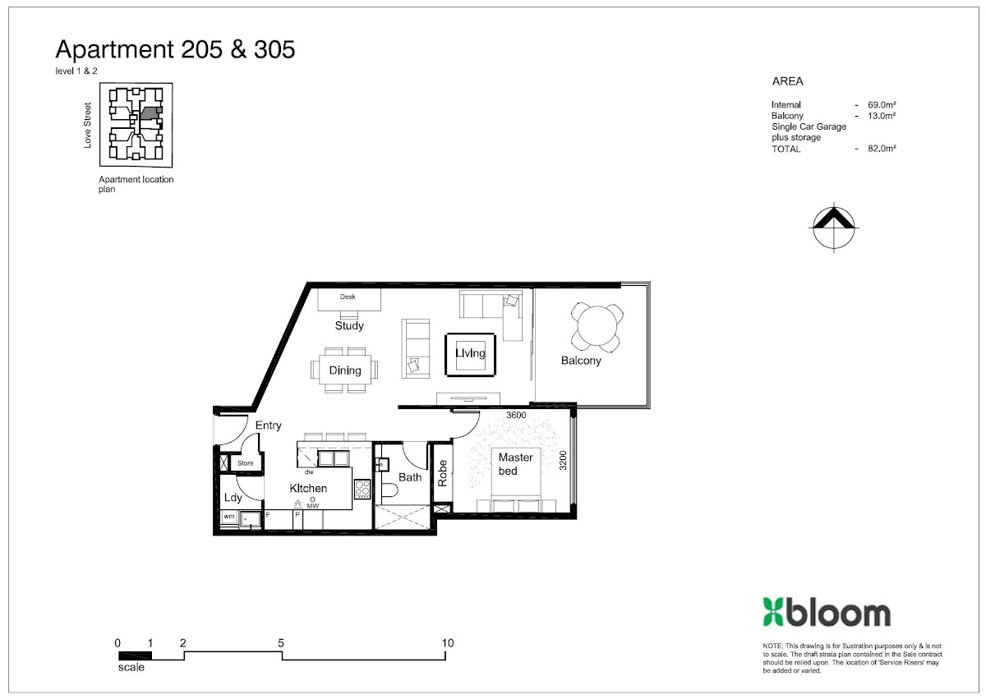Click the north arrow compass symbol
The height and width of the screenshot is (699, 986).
click(834, 228)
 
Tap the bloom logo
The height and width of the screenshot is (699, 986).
click(827, 612)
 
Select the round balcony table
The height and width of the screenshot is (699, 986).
click(597, 326)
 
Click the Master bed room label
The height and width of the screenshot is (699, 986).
click(515, 464)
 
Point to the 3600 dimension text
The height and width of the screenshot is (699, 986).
click(516, 415)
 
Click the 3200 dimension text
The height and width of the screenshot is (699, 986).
click(563, 461)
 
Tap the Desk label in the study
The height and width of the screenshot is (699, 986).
click(348, 297)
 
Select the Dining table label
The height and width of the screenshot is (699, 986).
click(345, 370)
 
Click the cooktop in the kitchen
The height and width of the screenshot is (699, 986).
click(362, 489)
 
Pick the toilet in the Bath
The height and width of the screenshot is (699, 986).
click(389, 490)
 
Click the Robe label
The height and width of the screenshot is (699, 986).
click(442, 473)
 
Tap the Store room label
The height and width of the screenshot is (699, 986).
click(245, 462)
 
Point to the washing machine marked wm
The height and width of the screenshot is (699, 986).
click(229, 517)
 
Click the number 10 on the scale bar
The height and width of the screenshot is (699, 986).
click(448, 643)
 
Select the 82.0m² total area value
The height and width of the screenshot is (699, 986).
click(882, 148)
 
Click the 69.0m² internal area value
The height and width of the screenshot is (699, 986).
click(882, 104)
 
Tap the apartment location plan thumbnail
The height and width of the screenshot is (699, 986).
click(136, 125)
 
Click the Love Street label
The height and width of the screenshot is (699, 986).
click(87, 126)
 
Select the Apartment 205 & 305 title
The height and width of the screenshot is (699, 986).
click(175, 49)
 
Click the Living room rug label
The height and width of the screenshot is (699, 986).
click(470, 353)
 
